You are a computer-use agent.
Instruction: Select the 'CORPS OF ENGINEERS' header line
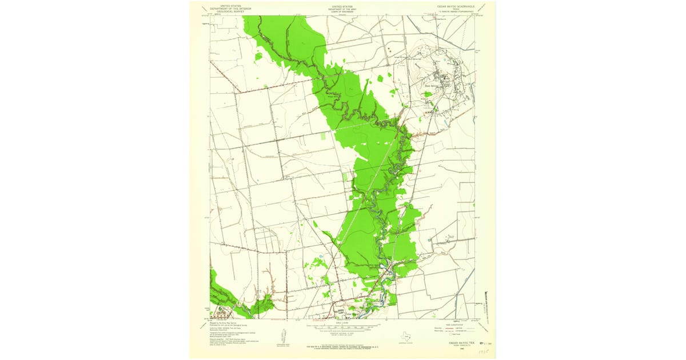343,12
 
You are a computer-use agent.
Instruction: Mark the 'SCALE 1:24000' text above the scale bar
343,322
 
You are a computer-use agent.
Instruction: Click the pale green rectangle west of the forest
323,136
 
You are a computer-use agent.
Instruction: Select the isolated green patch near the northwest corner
258,56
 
